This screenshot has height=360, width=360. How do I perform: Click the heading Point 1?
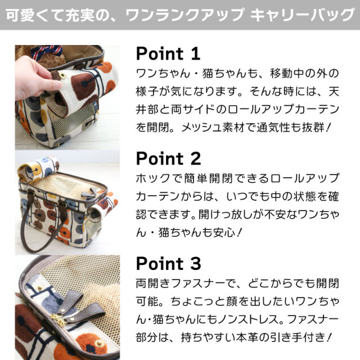coord(168,53)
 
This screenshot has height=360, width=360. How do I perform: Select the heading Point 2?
coord(169,159)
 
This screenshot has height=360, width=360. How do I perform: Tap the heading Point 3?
coord(169,263)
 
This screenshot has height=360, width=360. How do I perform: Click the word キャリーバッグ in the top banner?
coord(303,15)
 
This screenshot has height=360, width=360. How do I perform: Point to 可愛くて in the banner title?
coord(34,15)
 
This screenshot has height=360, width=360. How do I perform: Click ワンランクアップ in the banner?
coord(185,15)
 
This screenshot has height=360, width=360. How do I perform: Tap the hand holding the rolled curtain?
coord(37,78)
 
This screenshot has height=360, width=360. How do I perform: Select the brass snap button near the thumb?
coord(62,75)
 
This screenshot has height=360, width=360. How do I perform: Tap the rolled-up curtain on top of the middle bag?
coord(38,169)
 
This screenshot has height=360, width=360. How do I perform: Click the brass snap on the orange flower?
coord(100,343)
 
